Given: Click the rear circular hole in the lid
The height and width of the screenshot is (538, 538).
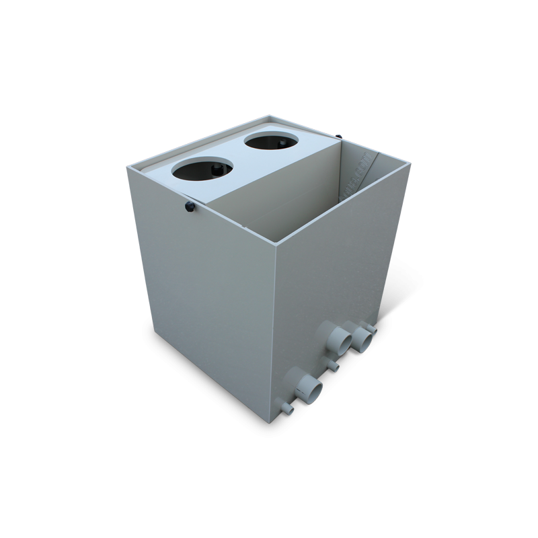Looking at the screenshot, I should click(x=270, y=142).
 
